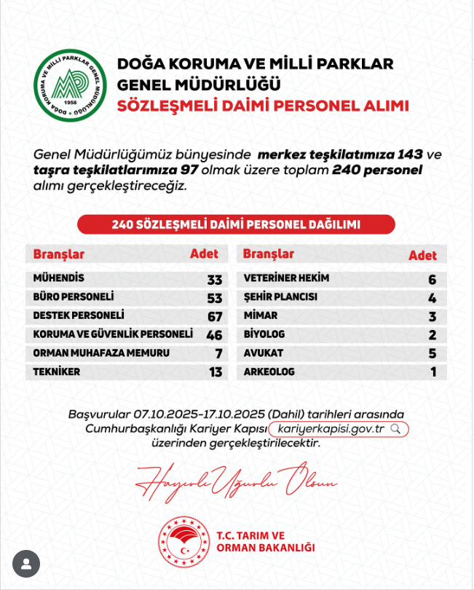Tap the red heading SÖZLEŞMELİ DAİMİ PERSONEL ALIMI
(263, 106)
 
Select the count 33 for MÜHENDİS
(214, 280)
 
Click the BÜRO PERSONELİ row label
(74, 297)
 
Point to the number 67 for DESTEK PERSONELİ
(214, 317)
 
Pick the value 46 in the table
(214, 335)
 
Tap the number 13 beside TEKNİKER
(214, 372)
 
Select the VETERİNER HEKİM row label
(286, 278)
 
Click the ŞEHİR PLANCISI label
(280, 297)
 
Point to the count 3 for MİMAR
(432, 317)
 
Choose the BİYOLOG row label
(264, 334)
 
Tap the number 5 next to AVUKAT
(432, 354)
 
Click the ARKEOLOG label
(269, 371)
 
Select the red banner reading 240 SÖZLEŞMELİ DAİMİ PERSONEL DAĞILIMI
(236, 224)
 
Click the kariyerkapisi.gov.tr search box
(338, 428)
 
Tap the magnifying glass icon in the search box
(396, 428)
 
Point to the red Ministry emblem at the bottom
(183, 541)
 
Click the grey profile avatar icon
(26, 563)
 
